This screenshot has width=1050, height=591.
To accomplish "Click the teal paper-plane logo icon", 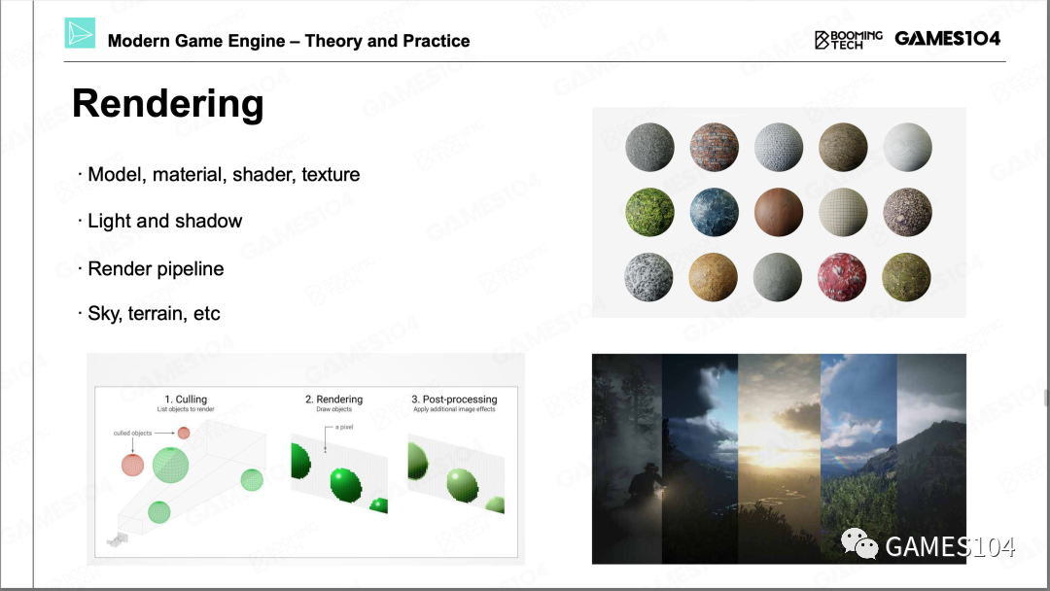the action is click(x=80, y=33).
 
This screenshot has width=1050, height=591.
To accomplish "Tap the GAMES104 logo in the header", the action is click(x=947, y=39).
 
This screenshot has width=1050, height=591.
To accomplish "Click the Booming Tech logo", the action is click(x=849, y=40).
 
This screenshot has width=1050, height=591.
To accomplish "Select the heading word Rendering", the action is click(x=168, y=104).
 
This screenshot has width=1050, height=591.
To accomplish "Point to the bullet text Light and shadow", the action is click(x=164, y=221).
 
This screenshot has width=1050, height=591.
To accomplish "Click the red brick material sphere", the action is click(x=714, y=147).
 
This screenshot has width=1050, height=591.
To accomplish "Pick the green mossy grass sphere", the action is click(x=649, y=212).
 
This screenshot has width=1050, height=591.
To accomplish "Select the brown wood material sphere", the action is click(x=778, y=212).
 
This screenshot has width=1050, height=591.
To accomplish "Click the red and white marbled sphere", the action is click(x=842, y=277).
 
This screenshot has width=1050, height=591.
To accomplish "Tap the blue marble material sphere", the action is click(x=714, y=212).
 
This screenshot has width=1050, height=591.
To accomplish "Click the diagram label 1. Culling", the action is click(x=186, y=399).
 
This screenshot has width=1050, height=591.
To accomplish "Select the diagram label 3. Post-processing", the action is click(x=454, y=399).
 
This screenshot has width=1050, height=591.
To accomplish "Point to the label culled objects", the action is click(x=132, y=433).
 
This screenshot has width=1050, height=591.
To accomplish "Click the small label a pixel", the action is click(x=344, y=427).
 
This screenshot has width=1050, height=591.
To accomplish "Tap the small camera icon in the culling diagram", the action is click(x=118, y=539).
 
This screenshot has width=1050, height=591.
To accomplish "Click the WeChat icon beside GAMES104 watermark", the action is click(x=859, y=543).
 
